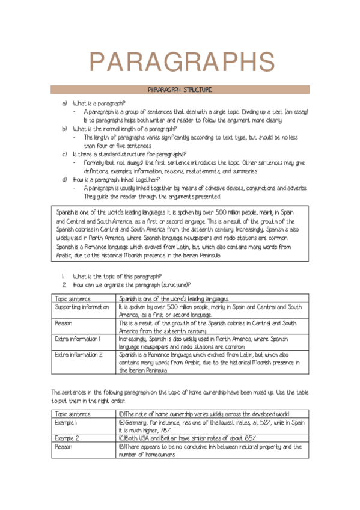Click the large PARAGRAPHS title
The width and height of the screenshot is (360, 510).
180,61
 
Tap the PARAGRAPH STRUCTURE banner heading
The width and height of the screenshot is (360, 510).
180,90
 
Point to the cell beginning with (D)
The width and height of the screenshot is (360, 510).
204,414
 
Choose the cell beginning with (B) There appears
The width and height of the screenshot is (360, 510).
210,447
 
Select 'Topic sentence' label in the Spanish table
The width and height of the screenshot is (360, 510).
73,298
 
